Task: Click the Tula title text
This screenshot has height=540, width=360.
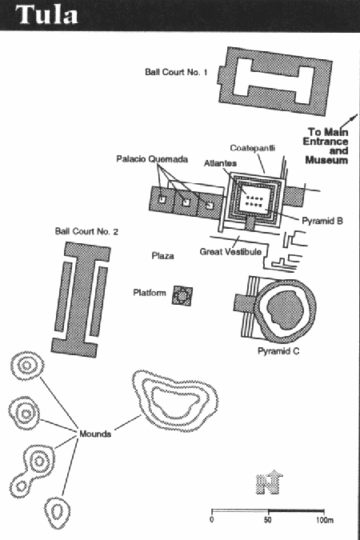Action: point(46,14)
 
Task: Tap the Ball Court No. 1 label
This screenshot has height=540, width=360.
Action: point(176,72)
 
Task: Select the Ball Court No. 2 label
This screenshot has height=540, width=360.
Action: point(86,231)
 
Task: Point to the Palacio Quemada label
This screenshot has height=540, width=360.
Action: point(152,159)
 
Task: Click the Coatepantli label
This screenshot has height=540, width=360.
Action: point(253,148)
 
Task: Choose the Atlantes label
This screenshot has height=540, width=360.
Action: point(220,163)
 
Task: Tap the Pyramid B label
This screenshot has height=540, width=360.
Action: point(322,221)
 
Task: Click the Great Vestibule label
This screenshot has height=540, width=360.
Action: point(230,252)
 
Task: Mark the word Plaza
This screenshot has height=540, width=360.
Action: point(162,256)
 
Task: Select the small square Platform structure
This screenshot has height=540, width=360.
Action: point(182,295)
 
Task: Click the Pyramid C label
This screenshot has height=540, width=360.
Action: point(278,351)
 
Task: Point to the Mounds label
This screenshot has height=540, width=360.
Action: point(95,434)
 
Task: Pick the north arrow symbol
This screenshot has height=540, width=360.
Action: point(270,482)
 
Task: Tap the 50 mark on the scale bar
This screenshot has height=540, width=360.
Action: point(268,520)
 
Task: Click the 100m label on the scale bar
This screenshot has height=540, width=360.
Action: point(324,520)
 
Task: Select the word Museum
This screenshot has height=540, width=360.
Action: point(326,160)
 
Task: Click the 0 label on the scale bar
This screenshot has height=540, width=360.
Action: point(211,520)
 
